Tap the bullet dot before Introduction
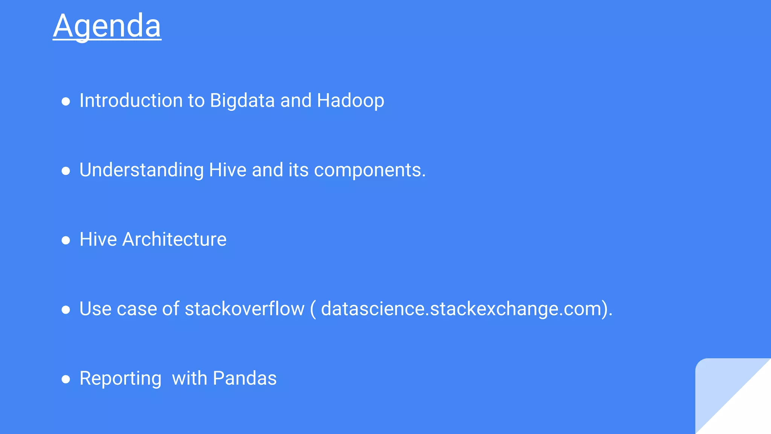pyautogui.click(x=66, y=101)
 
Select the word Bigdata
pyautogui.click(x=242, y=101)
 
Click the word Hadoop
pyautogui.click(x=350, y=101)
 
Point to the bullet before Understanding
pyautogui.click(x=66, y=171)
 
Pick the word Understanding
pyautogui.click(x=142, y=170)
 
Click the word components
pyautogui.click(x=370, y=170)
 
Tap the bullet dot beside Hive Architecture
pyautogui.click(x=66, y=240)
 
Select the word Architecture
pyautogui.click(x=175, y=240)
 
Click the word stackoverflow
pyautogui.click(x=245, y=309)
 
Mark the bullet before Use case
pyautogui.click(x=66, y=310)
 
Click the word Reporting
pyautogui.click(x=120, y=379)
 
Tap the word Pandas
pyautogui.click(x=245, y=378)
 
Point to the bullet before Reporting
pyautogui.click(x=66, y=379)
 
